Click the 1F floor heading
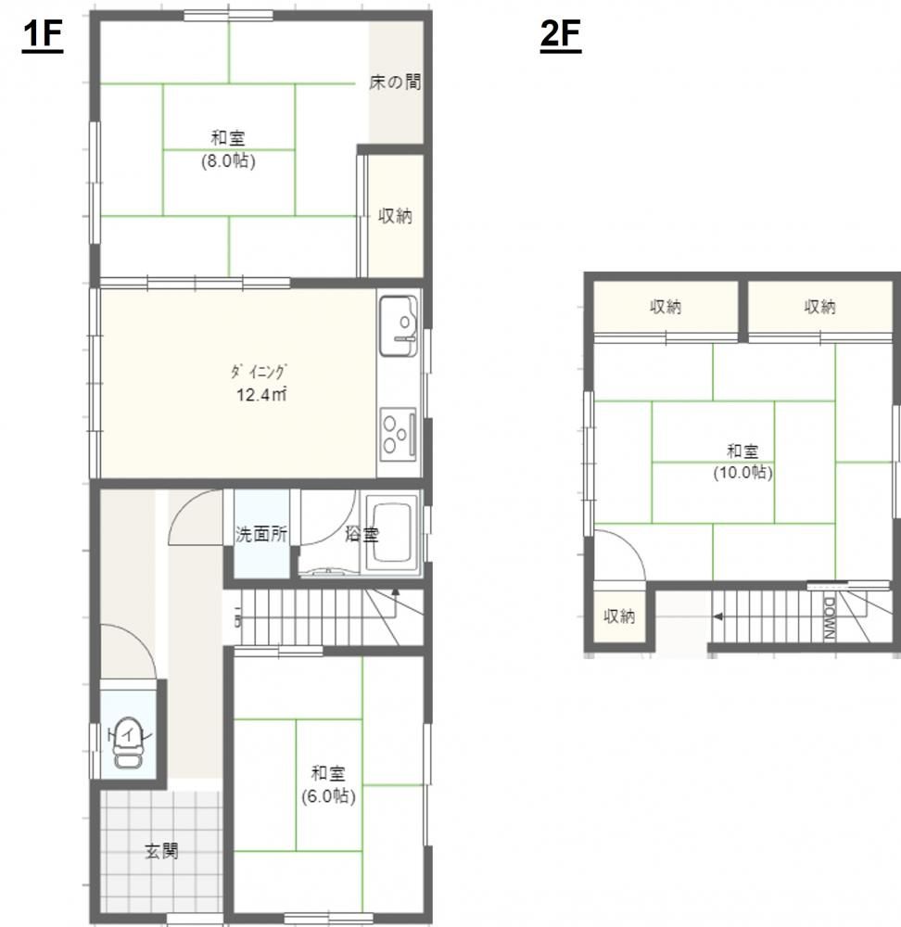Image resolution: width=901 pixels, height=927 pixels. [43, 36]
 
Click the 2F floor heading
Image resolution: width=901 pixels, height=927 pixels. [561, 36]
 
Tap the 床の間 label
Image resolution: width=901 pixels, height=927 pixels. [395, 82]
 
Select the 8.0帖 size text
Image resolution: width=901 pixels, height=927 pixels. [228, 160]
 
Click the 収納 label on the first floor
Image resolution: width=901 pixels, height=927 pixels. [395, 216]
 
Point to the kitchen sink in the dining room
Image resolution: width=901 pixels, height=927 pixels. [399, 325]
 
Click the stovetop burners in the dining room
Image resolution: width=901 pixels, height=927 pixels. [398, 435]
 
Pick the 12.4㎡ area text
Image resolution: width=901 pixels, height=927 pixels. [262, 394]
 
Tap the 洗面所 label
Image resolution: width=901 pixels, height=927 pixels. [262, 535]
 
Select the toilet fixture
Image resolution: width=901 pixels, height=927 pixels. [128, 742]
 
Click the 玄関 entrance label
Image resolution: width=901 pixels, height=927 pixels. [161, 851]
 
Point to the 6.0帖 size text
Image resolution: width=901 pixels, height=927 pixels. [329, 796]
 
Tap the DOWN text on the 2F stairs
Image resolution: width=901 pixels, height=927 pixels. [829, 618]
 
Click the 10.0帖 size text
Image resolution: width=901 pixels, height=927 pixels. [743, 473]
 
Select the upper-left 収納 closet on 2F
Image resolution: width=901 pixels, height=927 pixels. [666, 307]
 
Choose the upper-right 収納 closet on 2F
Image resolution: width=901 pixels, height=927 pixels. [820, 307]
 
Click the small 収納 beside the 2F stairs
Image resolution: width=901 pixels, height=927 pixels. [619, 616]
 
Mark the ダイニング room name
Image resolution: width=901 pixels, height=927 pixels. [259, 372]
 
